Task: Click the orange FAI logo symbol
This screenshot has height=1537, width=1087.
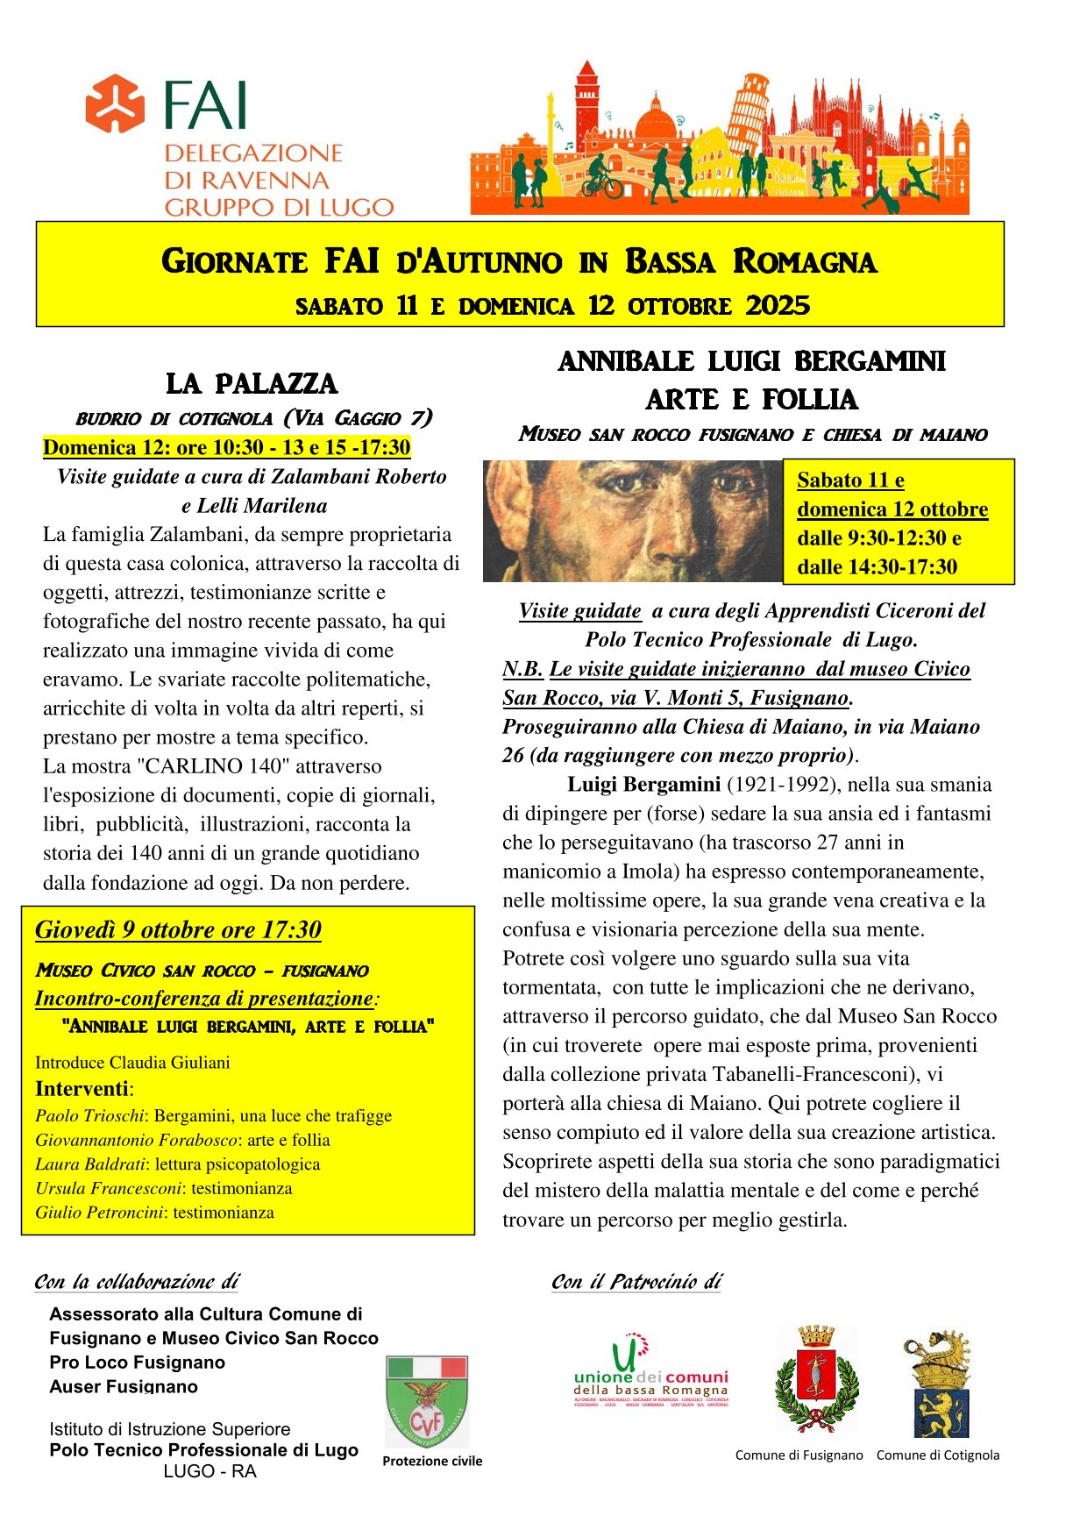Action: tap(115, 103)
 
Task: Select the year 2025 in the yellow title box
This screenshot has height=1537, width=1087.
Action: tap(778, 305)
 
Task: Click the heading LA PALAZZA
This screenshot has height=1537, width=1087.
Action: tap(252, 384)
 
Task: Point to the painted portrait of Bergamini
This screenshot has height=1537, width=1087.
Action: tap(632, 521)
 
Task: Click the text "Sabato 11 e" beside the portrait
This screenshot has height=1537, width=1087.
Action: tap(850, 480)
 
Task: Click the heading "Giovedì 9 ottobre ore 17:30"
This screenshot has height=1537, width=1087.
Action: tap(178, 930)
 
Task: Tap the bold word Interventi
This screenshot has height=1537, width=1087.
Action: tap(82, 1089)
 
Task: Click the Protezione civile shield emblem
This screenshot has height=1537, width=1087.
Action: tap(428, 1402)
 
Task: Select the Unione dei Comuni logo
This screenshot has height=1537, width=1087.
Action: tap(651, 1373)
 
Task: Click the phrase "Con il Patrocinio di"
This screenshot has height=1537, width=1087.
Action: tap(636, 1282)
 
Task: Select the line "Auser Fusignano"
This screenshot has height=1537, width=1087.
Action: tap(124, 1387)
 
